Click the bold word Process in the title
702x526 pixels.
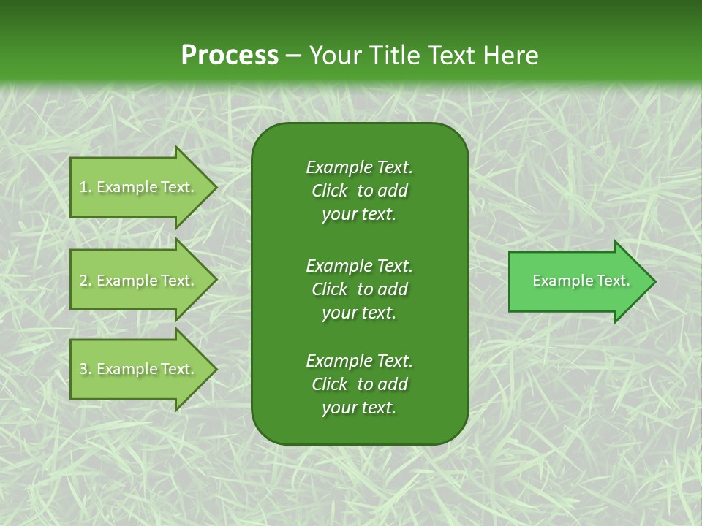pos(230,56)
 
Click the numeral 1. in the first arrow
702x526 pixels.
pos(85,188)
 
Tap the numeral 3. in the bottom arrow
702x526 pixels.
pos(85,370)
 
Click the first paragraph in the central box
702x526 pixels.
pos(359,191)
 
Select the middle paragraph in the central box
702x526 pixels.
pos(359,289)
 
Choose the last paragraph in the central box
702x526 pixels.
pos(359,384)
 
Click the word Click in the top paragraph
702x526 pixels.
pos(330,191)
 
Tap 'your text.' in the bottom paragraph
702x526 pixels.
pos(359,408)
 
